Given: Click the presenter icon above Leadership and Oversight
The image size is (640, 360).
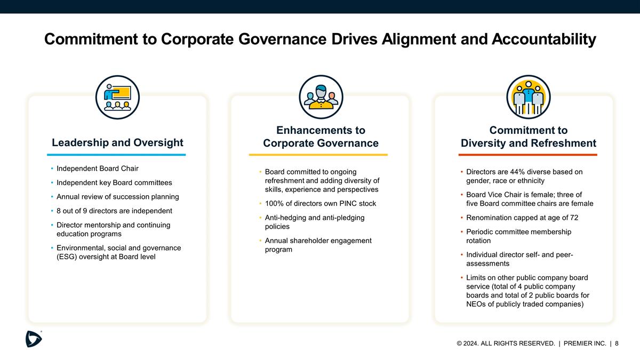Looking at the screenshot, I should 117,97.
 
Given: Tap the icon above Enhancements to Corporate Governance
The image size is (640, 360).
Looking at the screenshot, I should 321,97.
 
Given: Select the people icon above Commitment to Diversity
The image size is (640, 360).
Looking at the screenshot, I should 527,97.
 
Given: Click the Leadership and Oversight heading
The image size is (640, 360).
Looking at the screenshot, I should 117,142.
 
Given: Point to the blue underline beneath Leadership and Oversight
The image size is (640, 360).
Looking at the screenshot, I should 116,155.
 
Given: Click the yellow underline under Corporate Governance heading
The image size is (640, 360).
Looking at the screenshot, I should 318,155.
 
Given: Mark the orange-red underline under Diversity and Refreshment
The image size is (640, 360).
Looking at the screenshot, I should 528,155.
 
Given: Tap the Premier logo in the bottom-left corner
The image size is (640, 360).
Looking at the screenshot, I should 34,338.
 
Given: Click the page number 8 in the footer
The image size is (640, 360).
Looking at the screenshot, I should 617,343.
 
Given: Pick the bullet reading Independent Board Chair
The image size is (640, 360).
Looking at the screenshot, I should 97,169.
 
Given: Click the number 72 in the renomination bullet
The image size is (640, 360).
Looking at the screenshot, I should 573,218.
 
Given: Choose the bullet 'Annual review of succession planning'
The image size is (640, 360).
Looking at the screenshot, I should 117,197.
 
